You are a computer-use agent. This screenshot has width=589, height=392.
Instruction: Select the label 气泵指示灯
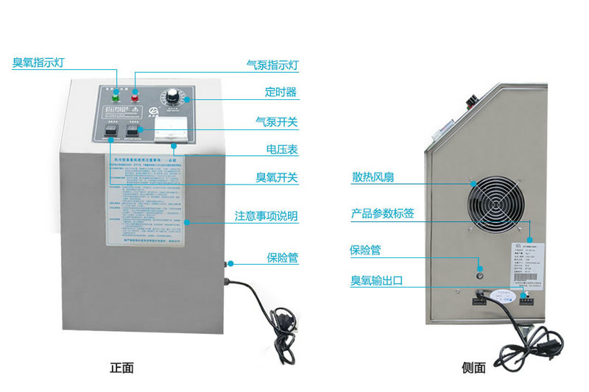272,65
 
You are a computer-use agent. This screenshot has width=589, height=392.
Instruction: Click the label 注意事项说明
266,216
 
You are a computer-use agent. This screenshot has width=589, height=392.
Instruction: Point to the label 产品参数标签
382,214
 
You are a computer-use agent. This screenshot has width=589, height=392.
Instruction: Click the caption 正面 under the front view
122,367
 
